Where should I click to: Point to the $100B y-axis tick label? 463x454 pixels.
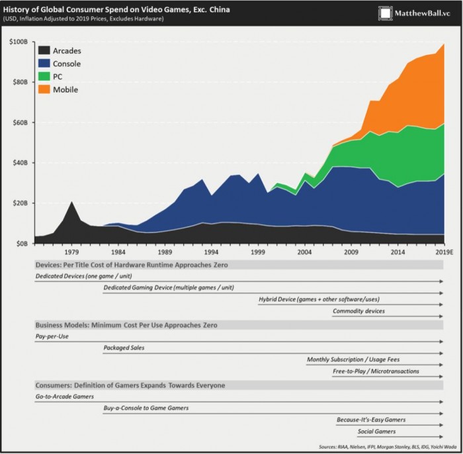tap(17, 42)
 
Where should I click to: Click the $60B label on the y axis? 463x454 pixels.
tap(19, 123)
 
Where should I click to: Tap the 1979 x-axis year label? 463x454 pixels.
tap(71, 252)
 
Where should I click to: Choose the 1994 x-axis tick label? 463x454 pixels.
tap(212, 252)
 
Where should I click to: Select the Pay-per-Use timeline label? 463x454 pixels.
tap(52, 337)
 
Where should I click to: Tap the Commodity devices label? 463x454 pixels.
tap(358, 311)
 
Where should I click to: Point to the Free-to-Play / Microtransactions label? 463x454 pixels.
tap(376, 371)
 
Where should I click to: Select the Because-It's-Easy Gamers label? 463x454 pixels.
tap(370, 420)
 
